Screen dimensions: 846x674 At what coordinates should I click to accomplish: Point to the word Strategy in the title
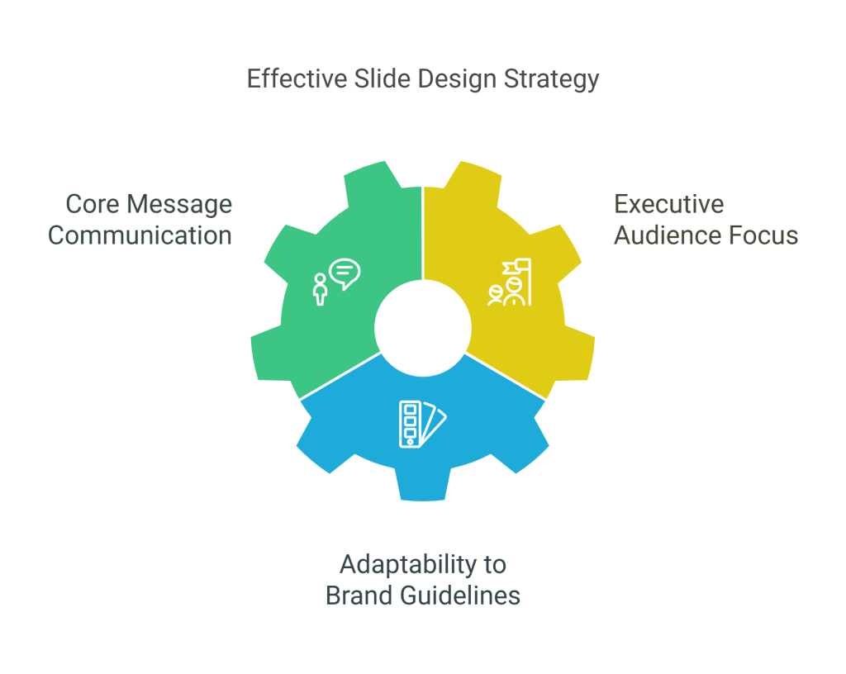(x=551, y=80)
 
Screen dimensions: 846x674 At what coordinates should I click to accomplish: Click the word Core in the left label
(x=93, y=204)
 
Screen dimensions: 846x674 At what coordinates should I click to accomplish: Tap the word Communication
(x=140, y=235)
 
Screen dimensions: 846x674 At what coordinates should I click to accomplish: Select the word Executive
(x=669, y=204)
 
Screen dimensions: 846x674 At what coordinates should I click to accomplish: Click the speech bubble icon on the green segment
(x=345, y=273)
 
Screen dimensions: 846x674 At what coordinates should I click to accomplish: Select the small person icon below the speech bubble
(x=321, y=290)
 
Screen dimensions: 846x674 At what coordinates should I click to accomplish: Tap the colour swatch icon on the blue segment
(x=422, y=425)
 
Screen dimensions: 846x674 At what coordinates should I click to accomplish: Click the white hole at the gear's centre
(x=423, y=329)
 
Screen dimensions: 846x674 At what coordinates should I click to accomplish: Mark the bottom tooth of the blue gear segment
(x=422, y=483)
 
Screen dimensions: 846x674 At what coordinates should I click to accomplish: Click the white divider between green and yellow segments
(x=423, y=234)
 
